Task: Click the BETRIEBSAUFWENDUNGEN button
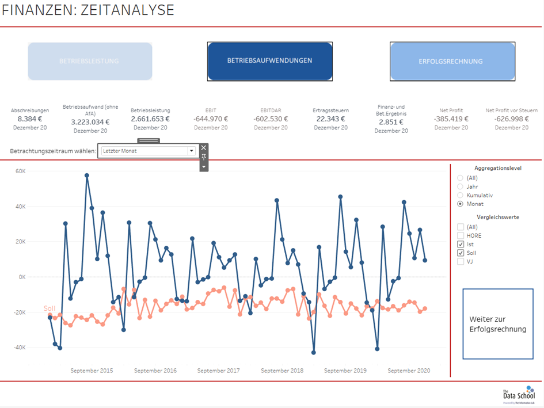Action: tap(269, 60)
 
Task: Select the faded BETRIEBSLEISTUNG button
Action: tap(90, 61)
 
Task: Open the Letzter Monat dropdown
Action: tap(149, 151)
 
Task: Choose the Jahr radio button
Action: tap(460, 186)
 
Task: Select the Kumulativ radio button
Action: tap(460, 195)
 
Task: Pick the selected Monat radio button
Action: tap(460, 204)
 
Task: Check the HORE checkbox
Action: tap(461, 235)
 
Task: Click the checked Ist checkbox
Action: tap(461, 244)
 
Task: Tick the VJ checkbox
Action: tap(461, 261)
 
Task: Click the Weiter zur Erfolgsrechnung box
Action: tap(497, 324)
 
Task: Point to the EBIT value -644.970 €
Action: tap(211, 119)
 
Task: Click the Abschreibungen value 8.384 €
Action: tap(30, 119)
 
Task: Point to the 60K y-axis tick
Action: tap(20, 171)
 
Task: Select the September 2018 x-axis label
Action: tap(282, 371)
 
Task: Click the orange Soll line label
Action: tap(50, 308)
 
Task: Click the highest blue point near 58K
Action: tap(87, 176)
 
